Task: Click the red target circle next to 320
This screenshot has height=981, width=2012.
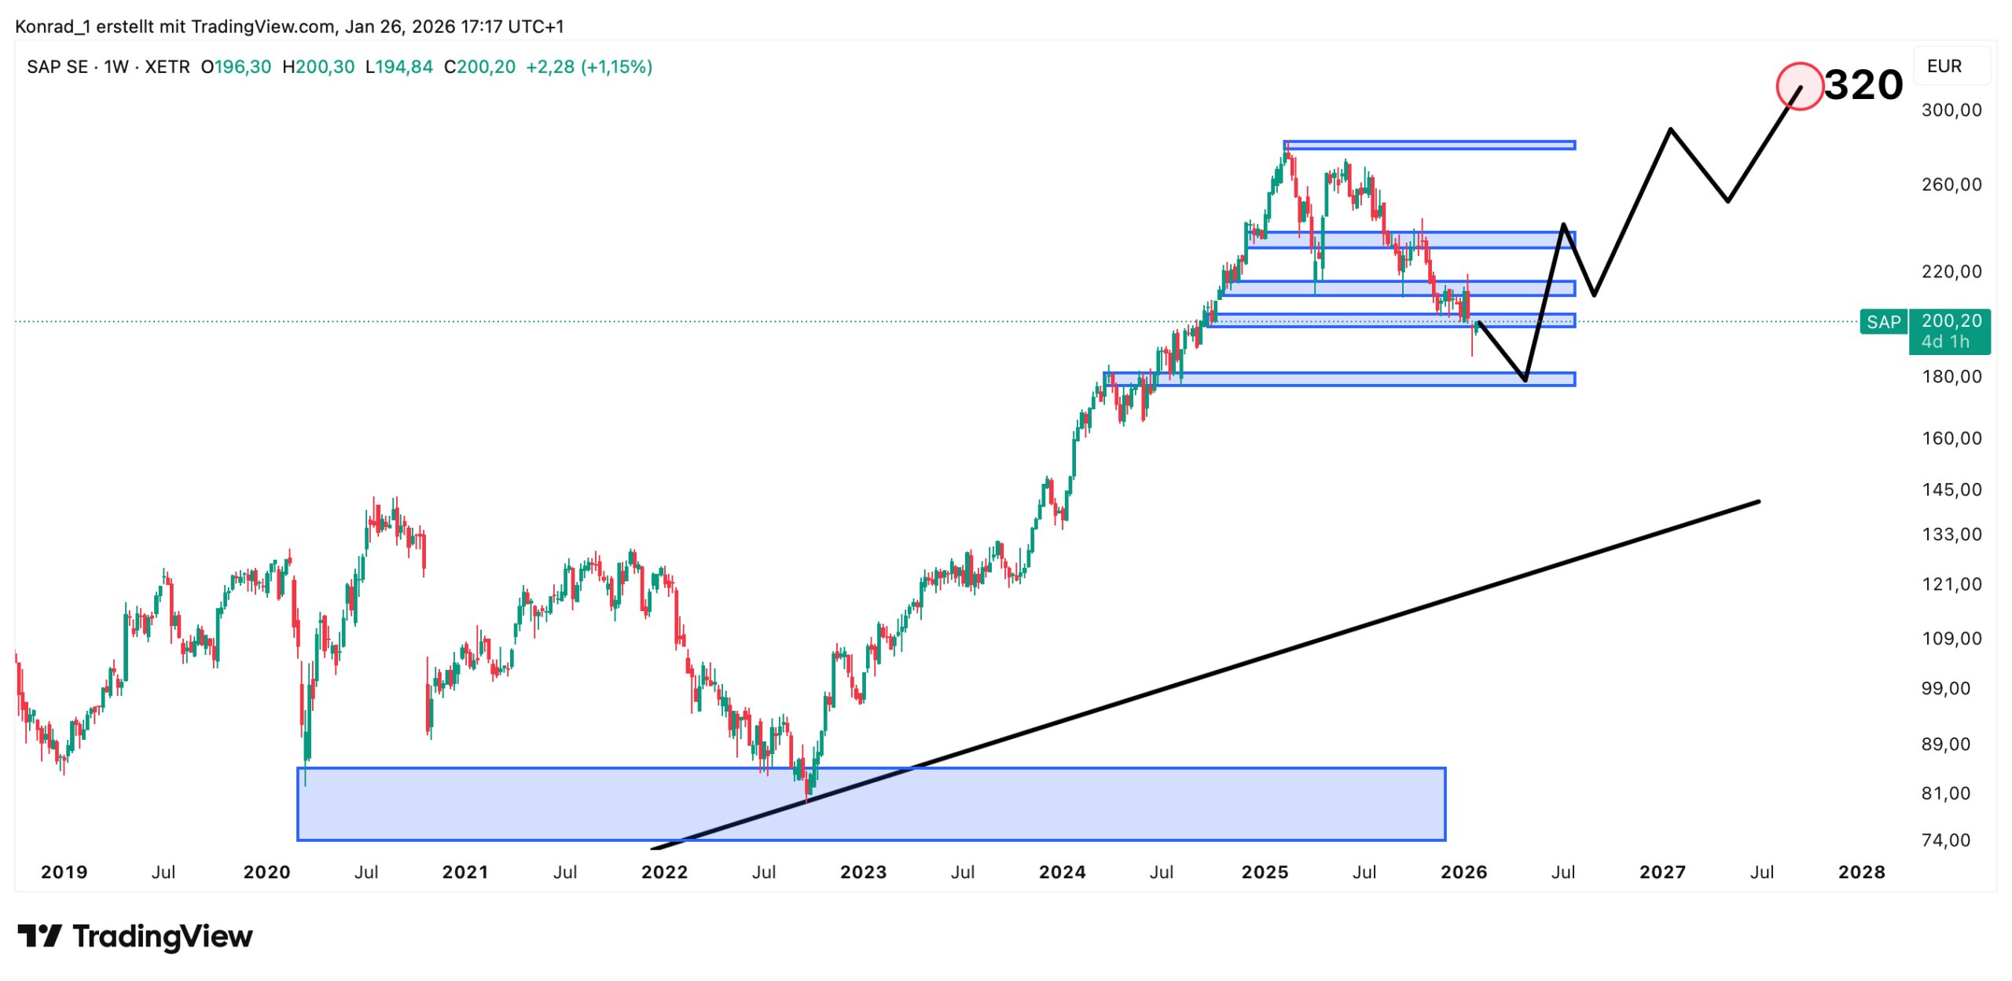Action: click(1799, 86)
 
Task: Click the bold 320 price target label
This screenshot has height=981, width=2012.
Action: click(1863, 85)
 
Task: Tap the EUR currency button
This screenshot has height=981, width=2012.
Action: click(1944, 67)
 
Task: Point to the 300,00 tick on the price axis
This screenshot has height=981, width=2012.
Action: click(1951, 110)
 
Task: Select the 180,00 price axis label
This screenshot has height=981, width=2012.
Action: click(1951, 377)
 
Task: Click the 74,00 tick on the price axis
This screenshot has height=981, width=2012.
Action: click(1946, 840)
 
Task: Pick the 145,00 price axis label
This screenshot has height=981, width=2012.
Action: click(1951, 490)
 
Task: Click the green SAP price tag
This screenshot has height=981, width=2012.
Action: click(1883, 322)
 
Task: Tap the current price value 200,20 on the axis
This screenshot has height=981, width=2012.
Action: click(1951, 320)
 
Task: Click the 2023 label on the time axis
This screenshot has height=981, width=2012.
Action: click(863, 873)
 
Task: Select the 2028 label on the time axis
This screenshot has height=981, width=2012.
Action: click(1861, 873)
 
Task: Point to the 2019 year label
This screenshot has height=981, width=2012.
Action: click(64, 873)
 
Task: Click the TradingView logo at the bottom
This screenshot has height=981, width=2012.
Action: click(135, 936)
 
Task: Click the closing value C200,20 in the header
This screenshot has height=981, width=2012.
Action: click(479, 68)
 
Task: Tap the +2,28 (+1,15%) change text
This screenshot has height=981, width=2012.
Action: click(589, 68)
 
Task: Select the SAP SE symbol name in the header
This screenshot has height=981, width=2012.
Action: click(57, 68)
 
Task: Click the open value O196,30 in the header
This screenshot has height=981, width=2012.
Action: click(236, 68)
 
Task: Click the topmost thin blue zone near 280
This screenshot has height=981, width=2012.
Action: click(1429, 145)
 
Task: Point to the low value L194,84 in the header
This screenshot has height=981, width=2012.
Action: click(399, 68)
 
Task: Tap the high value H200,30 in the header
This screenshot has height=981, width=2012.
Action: click(318, 68)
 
